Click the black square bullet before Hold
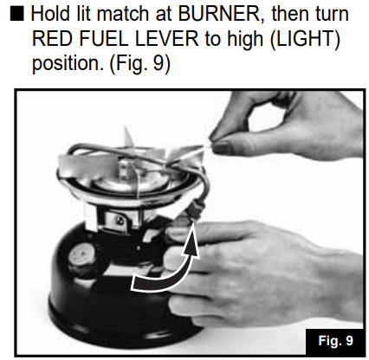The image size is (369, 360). click(17, 14)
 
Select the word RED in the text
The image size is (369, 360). click(52, 38)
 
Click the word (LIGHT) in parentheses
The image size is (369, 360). click(305, 39)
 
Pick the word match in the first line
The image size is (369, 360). click(125, 14)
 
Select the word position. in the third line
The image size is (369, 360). click(68, 64)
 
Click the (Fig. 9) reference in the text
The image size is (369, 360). click(140, 64)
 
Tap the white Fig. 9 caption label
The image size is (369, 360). click(335, 341)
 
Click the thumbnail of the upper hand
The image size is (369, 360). click(222, 147)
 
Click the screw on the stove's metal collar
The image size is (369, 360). click(118, 220)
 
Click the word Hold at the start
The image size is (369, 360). click(50, 13)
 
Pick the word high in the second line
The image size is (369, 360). click(245, 39)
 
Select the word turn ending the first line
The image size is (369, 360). click(330, 14)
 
